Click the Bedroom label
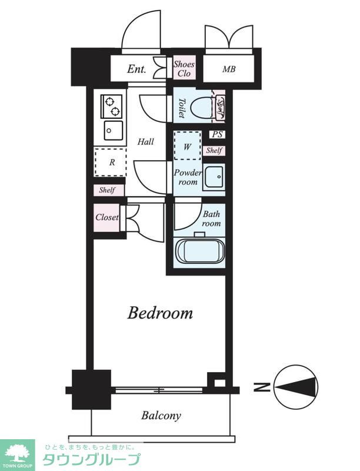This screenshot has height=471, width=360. (160, 313)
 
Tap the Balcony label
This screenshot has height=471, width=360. (161, 416)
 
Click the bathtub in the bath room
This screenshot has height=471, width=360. (200, 251)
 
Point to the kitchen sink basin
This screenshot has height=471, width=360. (114, 131)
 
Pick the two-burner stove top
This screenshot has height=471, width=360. (112, 107)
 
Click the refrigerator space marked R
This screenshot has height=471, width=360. (111, 162)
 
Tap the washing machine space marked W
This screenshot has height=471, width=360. (188, 146)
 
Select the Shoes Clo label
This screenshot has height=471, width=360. (184, 68)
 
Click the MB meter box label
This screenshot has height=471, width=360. (229, 69)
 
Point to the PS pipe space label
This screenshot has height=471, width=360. (217, 134)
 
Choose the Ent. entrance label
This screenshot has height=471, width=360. (136, 69)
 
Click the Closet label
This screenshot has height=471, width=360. (107, 217)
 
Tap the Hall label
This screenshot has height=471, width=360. (146, 141)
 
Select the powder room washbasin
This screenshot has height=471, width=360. (214, 177)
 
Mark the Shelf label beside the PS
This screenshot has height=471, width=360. (214, 150)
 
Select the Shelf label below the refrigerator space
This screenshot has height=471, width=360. (107, 190)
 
